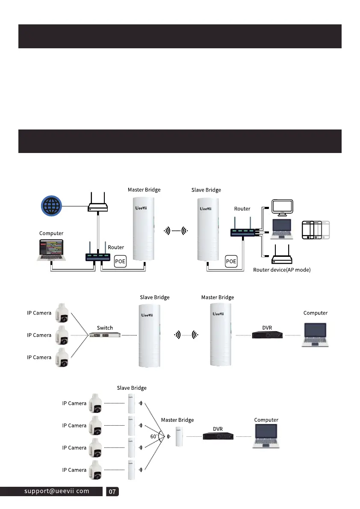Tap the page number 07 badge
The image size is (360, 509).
[x=112, y=491]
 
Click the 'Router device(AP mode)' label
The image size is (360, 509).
[x=282, y=270]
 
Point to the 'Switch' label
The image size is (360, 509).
[x=105, y=328]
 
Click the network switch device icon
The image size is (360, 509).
[x=105, y=335]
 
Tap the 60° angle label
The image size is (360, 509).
[x=153, y=436]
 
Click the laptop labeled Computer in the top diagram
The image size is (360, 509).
[x=51, y=250]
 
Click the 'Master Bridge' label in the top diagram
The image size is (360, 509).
[x=144, y=190]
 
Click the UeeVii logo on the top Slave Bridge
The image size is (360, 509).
[x=207, y=209]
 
